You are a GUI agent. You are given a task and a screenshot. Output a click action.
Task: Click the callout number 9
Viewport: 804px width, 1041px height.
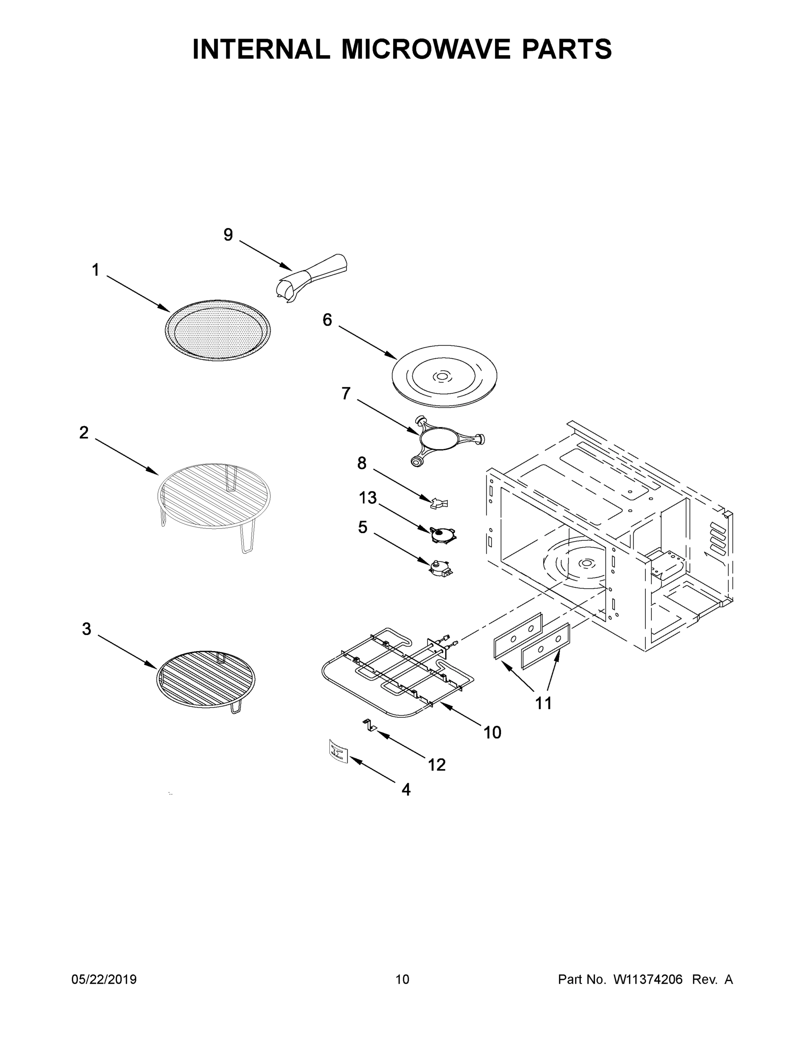point(228,235)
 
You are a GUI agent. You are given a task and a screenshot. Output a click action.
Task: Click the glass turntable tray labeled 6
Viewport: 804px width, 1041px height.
point(443,376)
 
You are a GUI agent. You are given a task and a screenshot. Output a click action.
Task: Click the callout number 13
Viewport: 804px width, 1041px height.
point(368,498)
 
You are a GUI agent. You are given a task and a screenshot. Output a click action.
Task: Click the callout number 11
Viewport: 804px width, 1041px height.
point(544,703)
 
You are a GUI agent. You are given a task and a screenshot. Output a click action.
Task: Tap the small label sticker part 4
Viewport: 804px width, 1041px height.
point(338,752)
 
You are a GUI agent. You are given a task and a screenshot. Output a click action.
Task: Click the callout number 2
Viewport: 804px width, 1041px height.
point(84,433)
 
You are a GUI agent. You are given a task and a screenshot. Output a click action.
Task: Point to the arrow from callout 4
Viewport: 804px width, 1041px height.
point(374,772)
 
